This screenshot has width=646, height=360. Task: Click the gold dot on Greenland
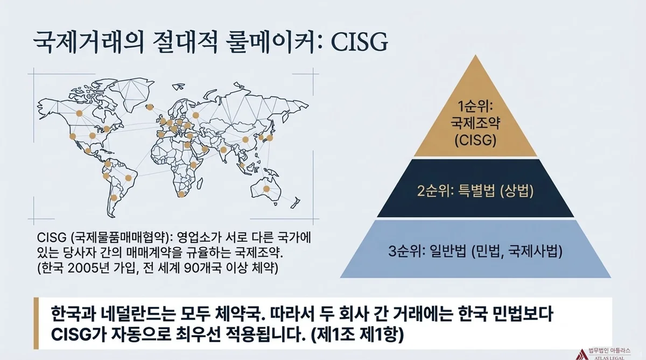[150, 107]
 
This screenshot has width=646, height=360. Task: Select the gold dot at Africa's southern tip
[181, 195]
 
